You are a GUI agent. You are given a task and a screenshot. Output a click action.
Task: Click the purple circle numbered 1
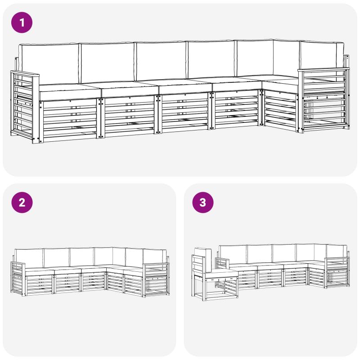22,22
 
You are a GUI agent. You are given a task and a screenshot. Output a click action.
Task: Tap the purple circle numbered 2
22,202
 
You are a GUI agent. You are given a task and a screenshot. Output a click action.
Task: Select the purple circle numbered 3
203,202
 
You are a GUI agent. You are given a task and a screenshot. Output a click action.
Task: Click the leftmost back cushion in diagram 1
49,63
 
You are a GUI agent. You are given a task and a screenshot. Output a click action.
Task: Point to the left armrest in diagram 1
25,107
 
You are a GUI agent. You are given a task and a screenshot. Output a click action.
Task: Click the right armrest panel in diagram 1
324,100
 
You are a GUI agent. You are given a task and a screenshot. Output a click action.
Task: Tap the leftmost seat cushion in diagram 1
70,92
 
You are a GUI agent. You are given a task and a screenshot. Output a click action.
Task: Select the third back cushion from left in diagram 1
161,61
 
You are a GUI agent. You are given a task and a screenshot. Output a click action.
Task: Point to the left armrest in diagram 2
18,279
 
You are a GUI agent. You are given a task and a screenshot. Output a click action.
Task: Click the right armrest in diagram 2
156,280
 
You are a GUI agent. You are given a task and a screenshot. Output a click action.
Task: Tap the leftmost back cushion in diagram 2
29,258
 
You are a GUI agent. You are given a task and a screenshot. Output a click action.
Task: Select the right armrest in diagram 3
337,273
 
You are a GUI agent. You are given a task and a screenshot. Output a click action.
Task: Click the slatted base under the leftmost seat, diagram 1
68,121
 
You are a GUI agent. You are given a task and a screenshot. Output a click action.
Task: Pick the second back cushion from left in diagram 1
107,63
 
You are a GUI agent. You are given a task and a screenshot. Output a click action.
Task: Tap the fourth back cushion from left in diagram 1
211,60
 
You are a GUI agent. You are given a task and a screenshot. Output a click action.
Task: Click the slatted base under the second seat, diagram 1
129,117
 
